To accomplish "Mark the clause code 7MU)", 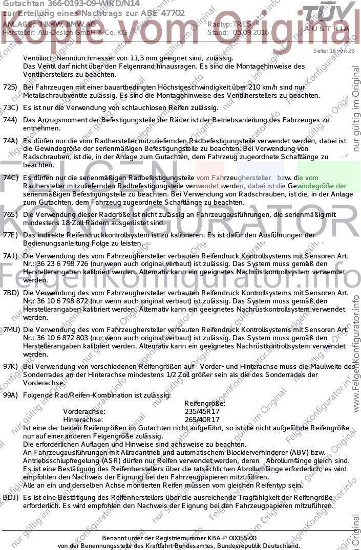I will click(11, 330).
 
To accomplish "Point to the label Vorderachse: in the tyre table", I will click(84, 411).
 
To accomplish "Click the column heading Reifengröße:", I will click(204, 403).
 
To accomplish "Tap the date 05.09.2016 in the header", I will click(251, 32).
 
